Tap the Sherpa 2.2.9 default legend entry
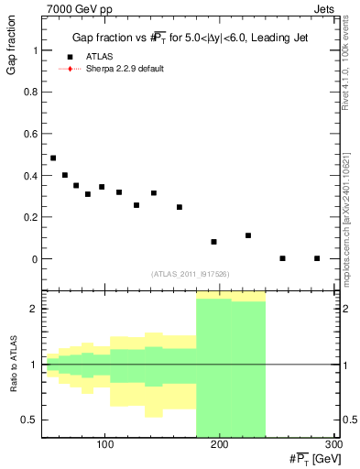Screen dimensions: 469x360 125,69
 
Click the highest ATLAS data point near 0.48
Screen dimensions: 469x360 53,158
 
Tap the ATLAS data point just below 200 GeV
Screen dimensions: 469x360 213,242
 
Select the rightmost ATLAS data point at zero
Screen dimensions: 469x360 317,258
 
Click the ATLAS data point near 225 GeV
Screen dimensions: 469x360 248,235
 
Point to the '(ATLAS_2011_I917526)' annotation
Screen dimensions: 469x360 190,274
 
